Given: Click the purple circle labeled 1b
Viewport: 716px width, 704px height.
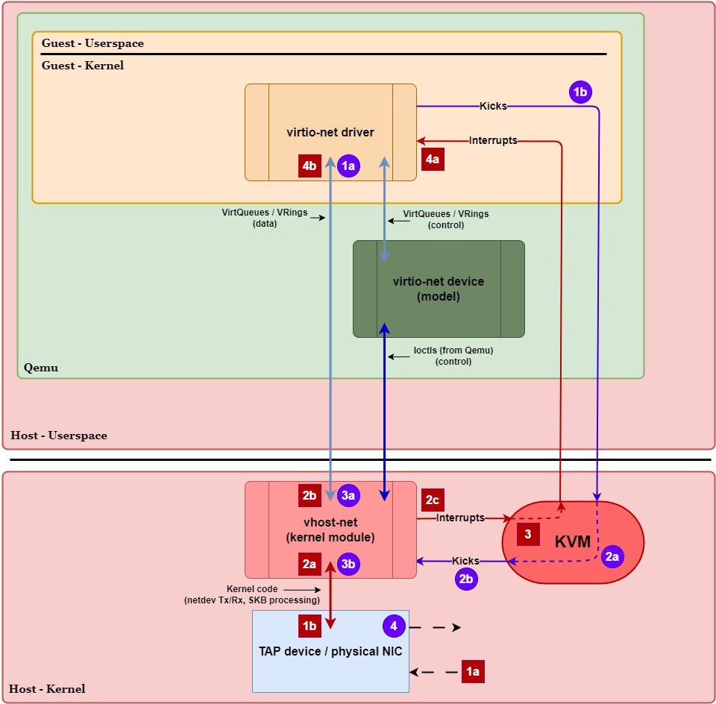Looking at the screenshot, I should (x=580, y=92).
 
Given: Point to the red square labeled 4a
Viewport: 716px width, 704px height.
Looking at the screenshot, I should (x=433, y=159).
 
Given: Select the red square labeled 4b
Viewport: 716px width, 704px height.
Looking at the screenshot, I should (x=310, y=166).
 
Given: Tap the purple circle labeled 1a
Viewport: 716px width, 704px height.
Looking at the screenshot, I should (x=348, y=166).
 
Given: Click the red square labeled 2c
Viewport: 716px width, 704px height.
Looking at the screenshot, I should (x=433, y=500).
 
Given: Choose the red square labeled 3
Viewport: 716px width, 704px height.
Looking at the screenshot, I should (x=527, y=533).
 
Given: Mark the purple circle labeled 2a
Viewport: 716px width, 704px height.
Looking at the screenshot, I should (x=612, y=556).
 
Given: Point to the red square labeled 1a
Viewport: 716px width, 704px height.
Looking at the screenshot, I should (x=473, y=671).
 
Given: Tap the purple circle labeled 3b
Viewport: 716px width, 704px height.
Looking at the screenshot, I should (x=348, y=565).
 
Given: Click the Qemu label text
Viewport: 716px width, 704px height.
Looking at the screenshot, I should (x=40, y=368).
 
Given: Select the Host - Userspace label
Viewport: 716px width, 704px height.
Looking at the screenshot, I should (x=59, y=436).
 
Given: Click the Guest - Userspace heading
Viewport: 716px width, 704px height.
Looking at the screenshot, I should (x=92, y=43).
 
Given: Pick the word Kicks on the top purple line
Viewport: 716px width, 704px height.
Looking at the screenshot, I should (x=493, y=106).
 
